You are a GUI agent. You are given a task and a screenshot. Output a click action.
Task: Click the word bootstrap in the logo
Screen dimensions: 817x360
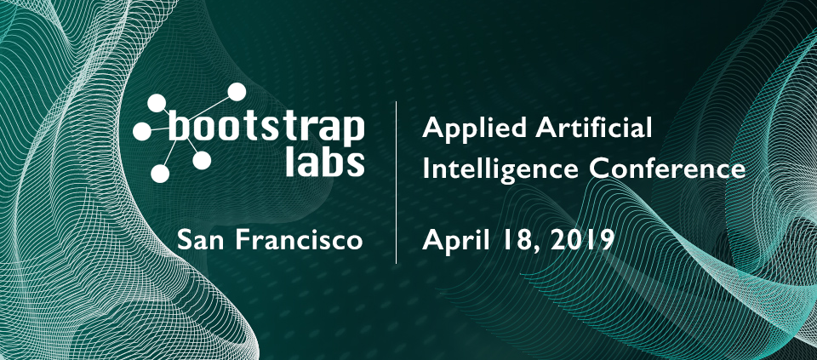coord(266,129)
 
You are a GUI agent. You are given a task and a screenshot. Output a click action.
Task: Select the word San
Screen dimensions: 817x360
coord(201,241)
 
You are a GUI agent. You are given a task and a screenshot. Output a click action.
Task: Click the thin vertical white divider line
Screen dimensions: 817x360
coord(396,182)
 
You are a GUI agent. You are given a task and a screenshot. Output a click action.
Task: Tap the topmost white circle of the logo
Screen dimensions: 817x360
coord(237,92)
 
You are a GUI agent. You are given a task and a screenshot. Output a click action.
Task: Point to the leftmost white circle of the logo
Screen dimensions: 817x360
coord(142,131)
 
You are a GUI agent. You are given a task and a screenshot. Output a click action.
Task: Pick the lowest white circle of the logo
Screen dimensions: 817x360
coord(161,173)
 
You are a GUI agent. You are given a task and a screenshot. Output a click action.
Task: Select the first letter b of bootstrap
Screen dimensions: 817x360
coord(179,125)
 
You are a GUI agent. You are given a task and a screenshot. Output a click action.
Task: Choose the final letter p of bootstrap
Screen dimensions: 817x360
coord(354,132)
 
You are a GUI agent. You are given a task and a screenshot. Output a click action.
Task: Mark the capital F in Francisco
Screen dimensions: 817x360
coord(243,241)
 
